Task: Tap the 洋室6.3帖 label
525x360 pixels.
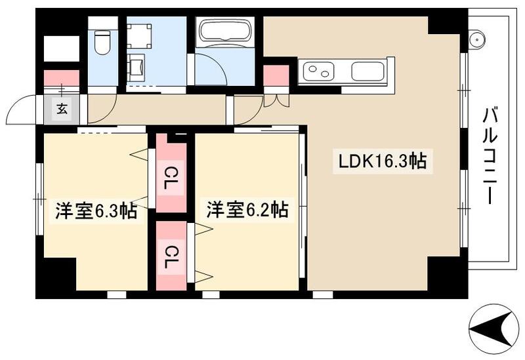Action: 95,212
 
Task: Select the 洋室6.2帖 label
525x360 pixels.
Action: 247,210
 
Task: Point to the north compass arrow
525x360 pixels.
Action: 493,325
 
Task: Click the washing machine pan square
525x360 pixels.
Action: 139,33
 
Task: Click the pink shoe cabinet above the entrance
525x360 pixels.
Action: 62,77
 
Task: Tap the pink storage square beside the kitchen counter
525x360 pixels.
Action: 276,76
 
